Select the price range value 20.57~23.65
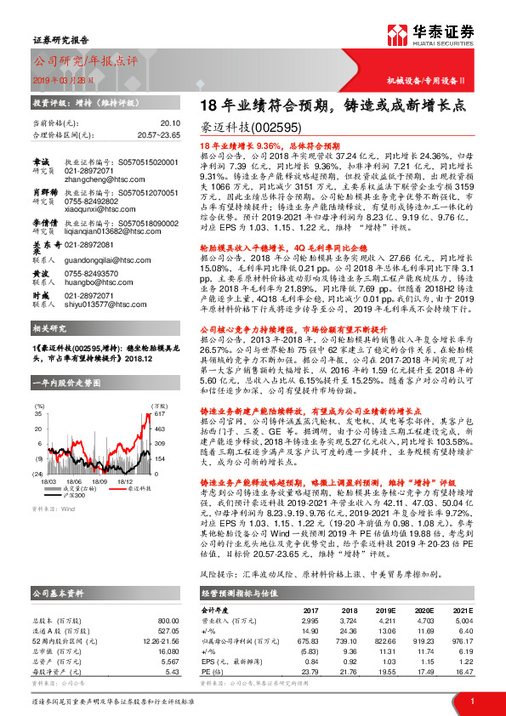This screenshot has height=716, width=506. [x=159, y=134]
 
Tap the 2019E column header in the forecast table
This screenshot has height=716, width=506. [x=386, y=610]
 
